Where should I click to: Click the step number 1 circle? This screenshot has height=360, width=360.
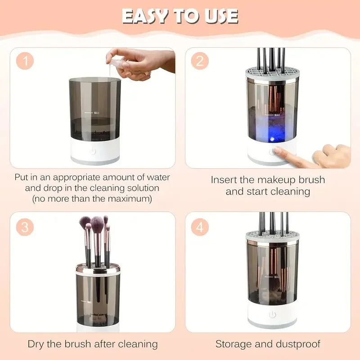(25, 61)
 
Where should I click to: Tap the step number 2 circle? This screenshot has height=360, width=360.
(199, 61)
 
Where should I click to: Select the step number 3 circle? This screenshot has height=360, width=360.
(25, 227)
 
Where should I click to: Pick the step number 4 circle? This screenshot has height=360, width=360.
(199, 227)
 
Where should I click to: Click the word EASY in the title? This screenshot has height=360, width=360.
(143, 16)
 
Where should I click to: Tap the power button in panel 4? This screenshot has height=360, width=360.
(272, 315)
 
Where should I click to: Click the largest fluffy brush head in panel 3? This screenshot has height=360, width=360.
(97, 222)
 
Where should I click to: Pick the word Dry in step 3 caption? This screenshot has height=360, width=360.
(36, 344)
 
